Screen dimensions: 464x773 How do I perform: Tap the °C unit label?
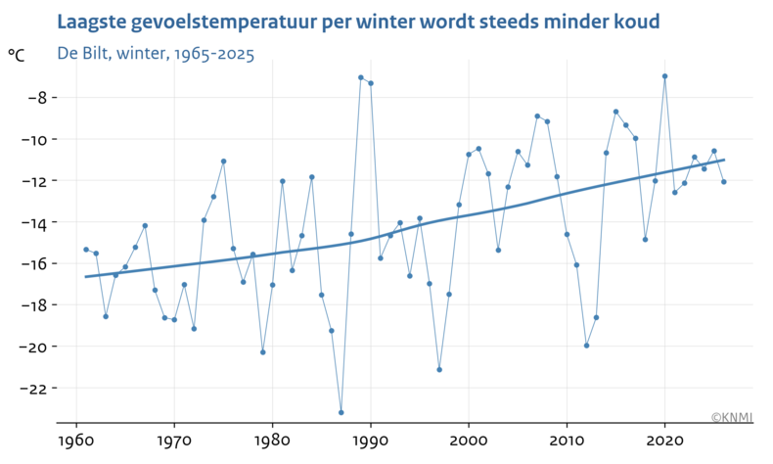click(x=17, y=57)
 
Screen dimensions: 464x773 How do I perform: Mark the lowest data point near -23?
click(x=341, y=412)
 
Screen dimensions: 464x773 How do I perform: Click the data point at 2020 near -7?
click(x=665, y=75)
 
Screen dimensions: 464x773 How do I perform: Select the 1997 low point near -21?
click(x=439, y=369)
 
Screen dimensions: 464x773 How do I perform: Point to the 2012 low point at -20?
click(x=587, y=345)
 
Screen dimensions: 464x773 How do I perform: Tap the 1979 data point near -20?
click(x=262, y=351)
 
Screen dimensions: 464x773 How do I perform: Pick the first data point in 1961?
click(x=86, y=250)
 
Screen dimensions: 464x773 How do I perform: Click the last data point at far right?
click(x=724, y=181)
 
